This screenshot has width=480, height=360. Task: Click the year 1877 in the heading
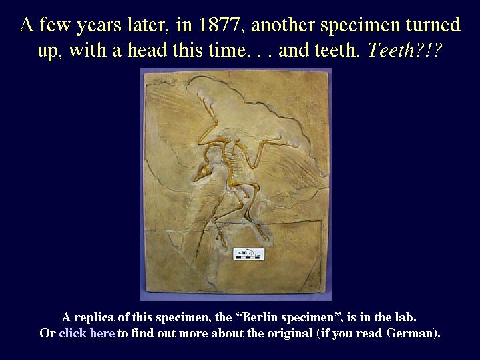pyautogui.click(x=218, y=25)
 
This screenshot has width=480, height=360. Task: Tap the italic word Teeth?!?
pyautogui.click(x=405, y=50)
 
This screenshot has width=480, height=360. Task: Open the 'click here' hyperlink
pyautogui.click(x=87, y=333)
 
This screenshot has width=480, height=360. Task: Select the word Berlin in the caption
pyautogui.click(x=260, y=317)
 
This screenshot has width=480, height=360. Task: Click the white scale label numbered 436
pyautogui.click(x=248, y=254)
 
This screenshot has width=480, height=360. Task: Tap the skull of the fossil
pyautogui.click(x=202, y=172)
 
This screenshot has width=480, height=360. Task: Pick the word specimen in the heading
pyautogui.click(x=361, y=26)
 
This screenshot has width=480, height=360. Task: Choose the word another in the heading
pyautogui.click(x=283, y=25)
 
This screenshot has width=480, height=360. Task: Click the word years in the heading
pyautogui.click(x=99, y=26)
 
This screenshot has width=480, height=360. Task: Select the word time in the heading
pyautogui.click(x=228, y=50)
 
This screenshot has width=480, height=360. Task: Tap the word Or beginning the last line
pyautogui.click(x=47, y=333)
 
